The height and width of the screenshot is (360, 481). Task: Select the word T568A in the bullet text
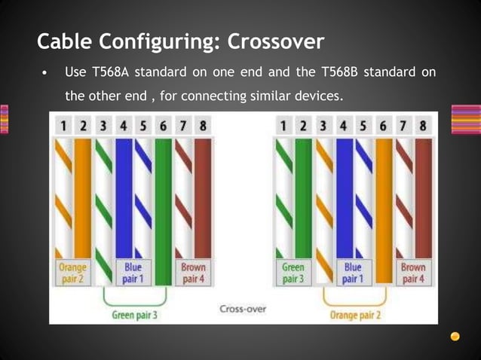click(110, 73)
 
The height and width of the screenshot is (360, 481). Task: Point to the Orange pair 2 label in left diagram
click(72, 273)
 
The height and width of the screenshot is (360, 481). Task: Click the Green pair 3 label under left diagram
click(135, 315)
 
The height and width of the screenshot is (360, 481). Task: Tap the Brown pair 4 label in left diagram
click(194, 273)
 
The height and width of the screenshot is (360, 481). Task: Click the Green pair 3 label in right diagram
click(293, 273)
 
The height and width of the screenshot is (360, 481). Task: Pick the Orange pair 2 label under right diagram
click(354, 315)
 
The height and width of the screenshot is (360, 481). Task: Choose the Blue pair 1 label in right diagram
click(352, 273)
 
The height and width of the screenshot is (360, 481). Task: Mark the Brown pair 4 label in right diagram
click(412, 273)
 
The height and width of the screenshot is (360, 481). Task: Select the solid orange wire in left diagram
click(82, 196)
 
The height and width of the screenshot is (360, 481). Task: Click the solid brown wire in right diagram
click(423, 196)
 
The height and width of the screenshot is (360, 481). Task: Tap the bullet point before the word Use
click(46, 74)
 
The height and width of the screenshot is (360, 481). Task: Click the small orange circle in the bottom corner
click(455, 337)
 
